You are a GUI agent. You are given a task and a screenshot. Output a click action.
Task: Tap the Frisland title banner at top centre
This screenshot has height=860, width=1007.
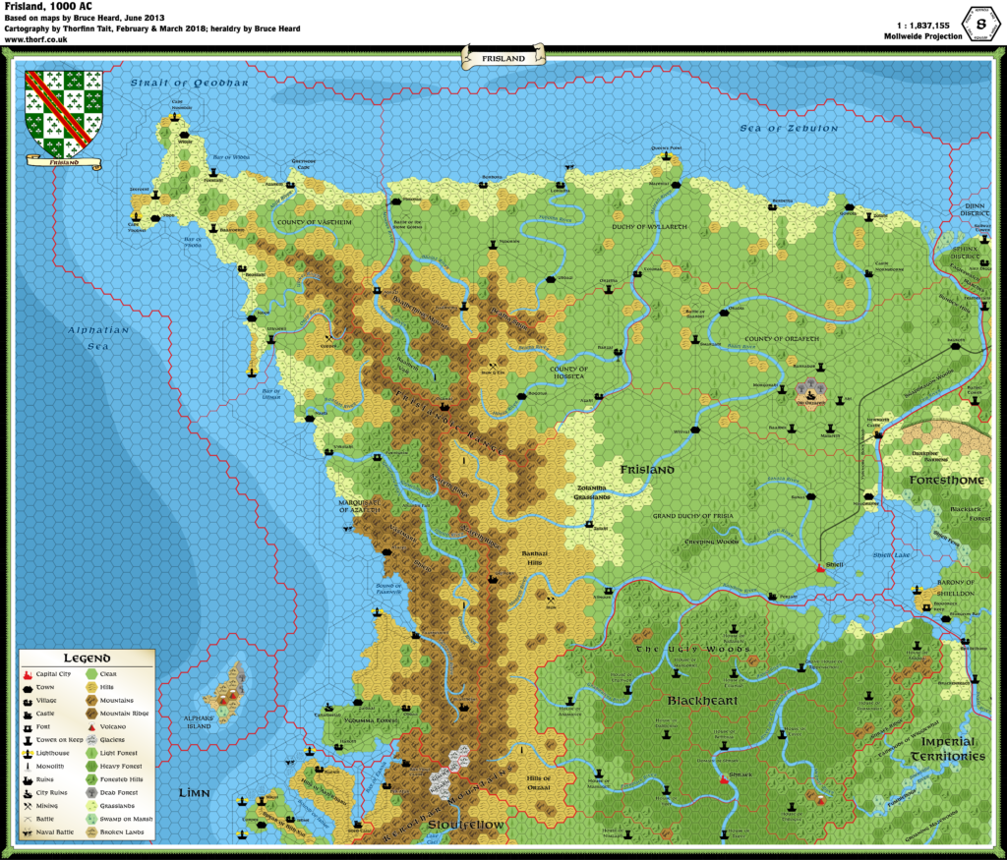point(503,58)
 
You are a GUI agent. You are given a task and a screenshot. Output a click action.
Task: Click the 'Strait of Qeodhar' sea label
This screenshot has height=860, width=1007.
point(189,84)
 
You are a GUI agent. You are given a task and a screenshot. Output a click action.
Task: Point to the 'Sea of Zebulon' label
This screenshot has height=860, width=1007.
point(789,129)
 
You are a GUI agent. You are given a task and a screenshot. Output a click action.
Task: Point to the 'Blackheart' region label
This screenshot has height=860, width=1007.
point(702,700)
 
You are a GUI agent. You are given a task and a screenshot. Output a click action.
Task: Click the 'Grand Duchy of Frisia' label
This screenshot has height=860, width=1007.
point(693,515)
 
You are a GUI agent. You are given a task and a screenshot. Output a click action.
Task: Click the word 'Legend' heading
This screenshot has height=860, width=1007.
point(88,658)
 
